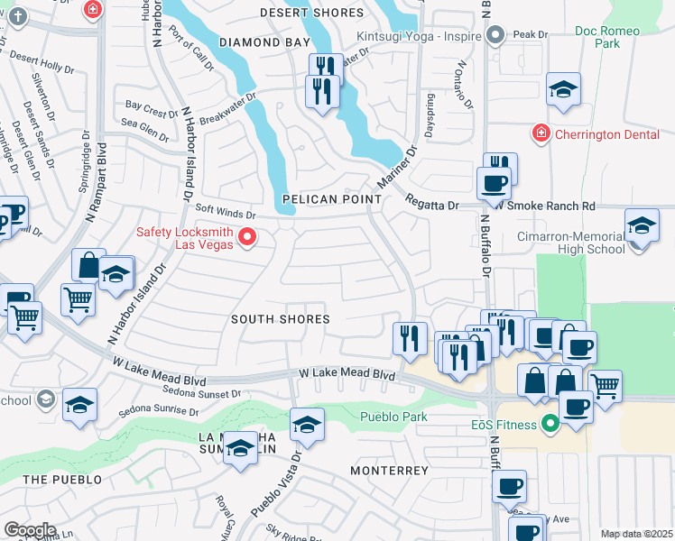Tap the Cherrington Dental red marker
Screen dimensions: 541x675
[541, 133]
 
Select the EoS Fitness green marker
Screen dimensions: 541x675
[550, 424]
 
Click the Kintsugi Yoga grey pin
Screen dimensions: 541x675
[495, 35]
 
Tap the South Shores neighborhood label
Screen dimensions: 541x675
[280, 319]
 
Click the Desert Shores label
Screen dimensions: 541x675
[311, 13]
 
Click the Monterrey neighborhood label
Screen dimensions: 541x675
[389, 471]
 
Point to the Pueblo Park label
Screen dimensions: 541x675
[393, 417]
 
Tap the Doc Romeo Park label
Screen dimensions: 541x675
[608, 37]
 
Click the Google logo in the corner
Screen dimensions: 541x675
[29, 530]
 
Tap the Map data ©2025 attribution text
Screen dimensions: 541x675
[636, 534]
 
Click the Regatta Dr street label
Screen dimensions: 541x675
[432, 204]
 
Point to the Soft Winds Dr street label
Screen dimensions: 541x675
[226, 212]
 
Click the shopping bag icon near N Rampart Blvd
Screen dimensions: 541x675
[88, 265]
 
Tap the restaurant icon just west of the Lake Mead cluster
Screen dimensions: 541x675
[410, 338]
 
